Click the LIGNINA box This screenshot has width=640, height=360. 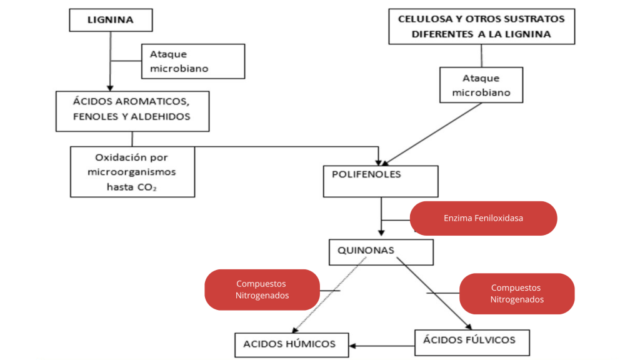coord(110,20)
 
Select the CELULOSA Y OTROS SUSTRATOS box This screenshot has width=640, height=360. coord(481,26)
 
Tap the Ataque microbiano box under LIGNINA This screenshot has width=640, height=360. coord(192,61)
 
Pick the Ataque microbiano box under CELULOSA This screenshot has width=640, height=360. coord(481,85)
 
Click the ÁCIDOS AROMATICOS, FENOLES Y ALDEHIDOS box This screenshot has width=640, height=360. coord(132,111)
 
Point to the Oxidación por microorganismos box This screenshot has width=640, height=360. coord(132,171)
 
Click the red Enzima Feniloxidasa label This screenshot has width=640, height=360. coord(483,218)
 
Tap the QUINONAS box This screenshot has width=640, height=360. coord(381,251)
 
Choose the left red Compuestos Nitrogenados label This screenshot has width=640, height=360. coord(262,289)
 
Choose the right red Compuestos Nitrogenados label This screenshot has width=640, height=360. coord(516,293)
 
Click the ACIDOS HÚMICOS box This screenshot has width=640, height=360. coord(289,344)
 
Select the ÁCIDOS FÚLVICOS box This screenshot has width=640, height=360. coord(472,341)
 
